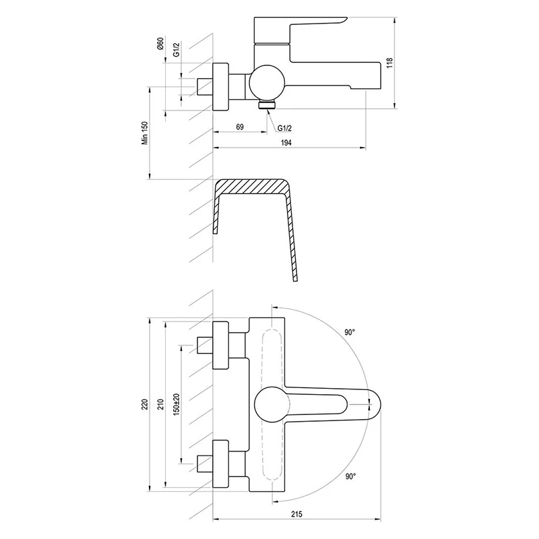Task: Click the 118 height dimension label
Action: (x=389, y=63)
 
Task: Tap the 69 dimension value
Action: (x=240, y=127)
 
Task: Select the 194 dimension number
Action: (x=286, y=142)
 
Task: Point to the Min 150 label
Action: (x=145, y=133)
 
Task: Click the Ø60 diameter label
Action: (x=160, y=44)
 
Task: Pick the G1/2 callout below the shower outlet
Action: (x=284, y=128)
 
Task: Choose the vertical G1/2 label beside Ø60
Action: (x=176, y=49)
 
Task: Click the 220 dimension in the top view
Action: (x=145, y=404)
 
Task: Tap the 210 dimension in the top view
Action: (x=161, y=404)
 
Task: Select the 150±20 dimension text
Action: (x=177, y=404)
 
